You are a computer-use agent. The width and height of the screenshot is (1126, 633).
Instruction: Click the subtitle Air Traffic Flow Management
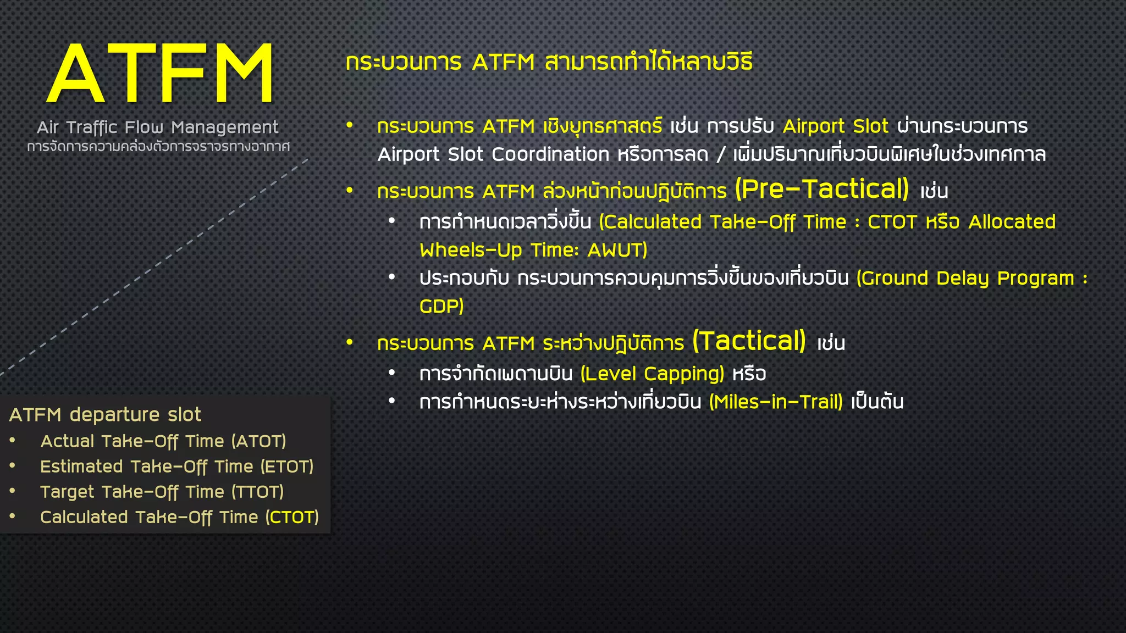158,127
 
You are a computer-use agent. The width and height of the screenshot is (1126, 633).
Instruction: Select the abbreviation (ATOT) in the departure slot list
258,441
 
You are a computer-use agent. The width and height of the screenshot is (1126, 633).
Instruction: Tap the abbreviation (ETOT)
286,467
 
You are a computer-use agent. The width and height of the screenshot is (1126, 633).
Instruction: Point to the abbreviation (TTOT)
257,492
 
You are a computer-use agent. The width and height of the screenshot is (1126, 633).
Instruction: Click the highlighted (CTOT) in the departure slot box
292,517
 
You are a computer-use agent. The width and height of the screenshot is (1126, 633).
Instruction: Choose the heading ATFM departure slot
105,414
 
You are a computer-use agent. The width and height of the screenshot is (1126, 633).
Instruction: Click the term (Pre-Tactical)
822,189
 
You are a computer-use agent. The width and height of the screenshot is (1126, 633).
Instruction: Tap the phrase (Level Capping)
653,374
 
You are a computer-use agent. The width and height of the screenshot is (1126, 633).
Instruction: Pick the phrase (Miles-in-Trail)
776,402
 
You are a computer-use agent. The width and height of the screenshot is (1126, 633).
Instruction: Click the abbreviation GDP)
441,306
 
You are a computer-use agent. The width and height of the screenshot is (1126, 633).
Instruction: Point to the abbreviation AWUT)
617,251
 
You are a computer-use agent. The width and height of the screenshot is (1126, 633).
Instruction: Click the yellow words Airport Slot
835,126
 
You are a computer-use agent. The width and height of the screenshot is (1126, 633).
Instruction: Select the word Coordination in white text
550,154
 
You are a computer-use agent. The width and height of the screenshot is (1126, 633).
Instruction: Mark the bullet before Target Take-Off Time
13,491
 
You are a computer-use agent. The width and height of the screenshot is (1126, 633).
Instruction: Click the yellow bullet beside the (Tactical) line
350,342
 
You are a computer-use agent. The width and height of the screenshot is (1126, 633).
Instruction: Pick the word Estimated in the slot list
81,467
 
